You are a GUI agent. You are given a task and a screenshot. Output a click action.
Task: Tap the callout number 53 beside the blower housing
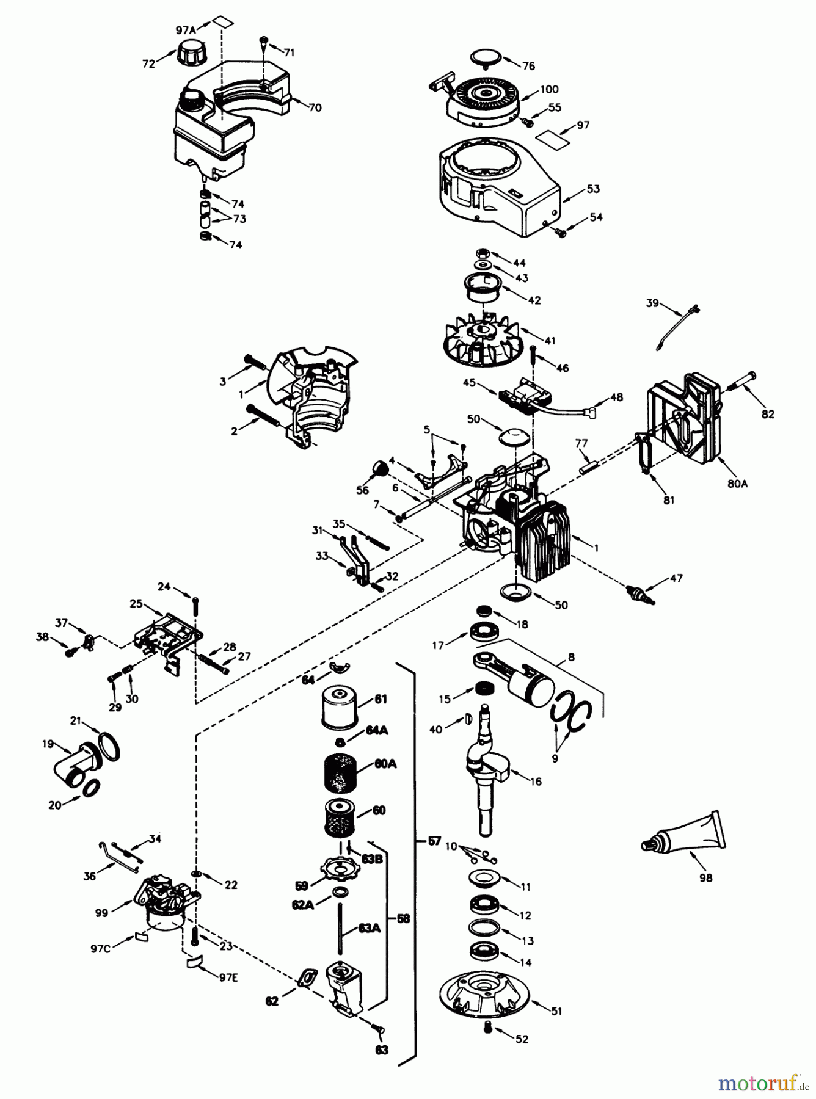click(593, 189)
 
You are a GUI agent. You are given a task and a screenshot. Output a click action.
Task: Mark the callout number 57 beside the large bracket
click(434, 841)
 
